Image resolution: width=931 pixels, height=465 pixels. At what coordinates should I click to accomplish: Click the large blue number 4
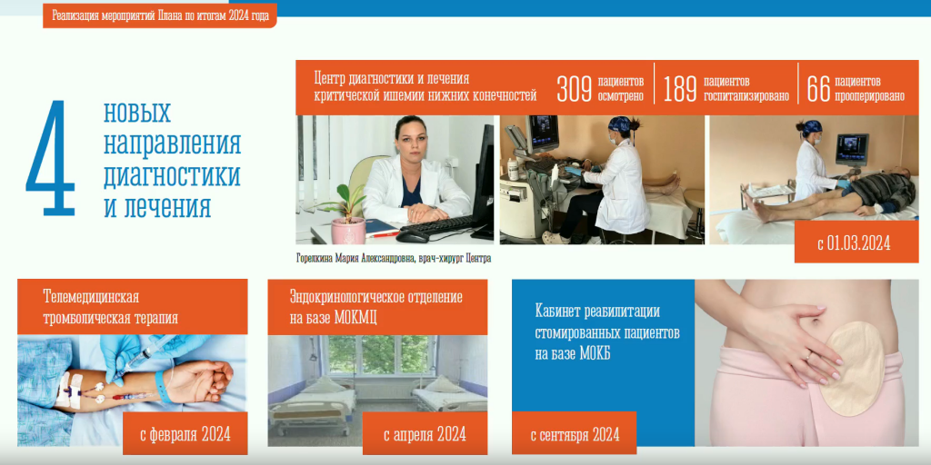pyautogui.click(x=51, y=158)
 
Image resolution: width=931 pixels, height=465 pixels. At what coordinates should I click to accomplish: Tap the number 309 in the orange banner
pyautogui.click(x=575, y=89)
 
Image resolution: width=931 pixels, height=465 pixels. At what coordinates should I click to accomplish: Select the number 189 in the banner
pyautogui.click(x=680, y=89)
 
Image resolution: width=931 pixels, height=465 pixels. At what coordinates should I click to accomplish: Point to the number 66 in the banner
pyautogui.click(x=817, y=89)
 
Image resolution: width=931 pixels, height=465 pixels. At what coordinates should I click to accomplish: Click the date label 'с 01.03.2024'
pyautogui.click(x=854, y=243)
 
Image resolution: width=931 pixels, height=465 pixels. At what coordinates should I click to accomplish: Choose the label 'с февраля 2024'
pyautogui.click(x=185, y=434)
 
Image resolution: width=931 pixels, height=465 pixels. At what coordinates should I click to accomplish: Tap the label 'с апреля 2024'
pyautogui.click(x=425, y=434)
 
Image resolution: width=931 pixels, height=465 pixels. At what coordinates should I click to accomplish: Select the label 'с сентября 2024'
pyautogui.click(x=575, y=435)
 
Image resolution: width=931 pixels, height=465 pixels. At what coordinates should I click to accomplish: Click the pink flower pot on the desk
pyautogui.click(x=348, y=230)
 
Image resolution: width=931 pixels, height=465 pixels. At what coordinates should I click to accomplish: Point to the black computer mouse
pyautogui.click(x=412, y=235)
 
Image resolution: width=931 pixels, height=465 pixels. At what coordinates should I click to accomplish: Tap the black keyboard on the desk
pyautogui.click(x=438, y=225)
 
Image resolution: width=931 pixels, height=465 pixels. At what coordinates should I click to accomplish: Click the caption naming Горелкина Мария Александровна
pyautogui.click(x=393, y=259)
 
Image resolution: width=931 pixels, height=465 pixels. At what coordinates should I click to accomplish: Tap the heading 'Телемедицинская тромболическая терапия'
pyautogui.click(x=110, y=307)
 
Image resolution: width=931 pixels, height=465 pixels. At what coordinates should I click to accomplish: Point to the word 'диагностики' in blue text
pyautogui.click(x=172, y=175)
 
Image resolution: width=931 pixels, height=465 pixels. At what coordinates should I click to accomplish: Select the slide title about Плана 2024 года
pyautogui.click(x=160, y=16)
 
